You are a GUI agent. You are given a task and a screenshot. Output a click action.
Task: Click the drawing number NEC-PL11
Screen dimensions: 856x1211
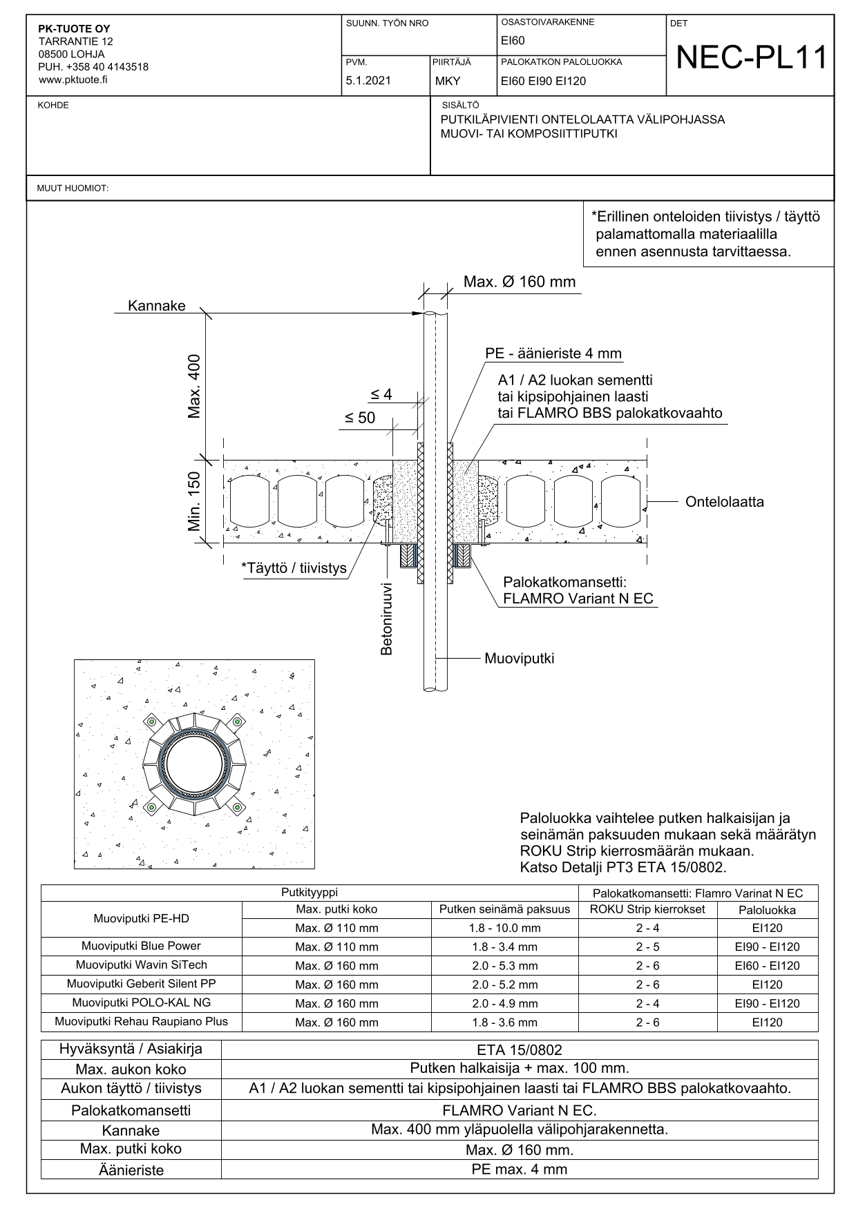pyautogui.click(x=751, y=58)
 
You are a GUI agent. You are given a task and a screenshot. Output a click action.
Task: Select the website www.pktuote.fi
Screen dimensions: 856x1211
pyautogui.click(x=73, y=79)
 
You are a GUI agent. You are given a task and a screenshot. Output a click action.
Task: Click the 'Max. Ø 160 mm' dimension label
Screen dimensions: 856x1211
pyautogui.click(x=520, y=282)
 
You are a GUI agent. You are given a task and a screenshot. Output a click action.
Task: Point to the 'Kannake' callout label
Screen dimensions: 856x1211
pyautogui.click(x=157, y=306)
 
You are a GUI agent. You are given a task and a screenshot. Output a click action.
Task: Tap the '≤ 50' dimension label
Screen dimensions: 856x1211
pyautogui.click(x=360, y=418)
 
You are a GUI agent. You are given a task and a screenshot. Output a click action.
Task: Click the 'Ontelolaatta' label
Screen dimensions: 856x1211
pyautogui.click(x=725, y=502)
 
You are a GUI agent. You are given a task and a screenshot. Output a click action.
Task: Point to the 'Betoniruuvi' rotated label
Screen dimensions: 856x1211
pyautogui.click(x=387, y=619)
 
